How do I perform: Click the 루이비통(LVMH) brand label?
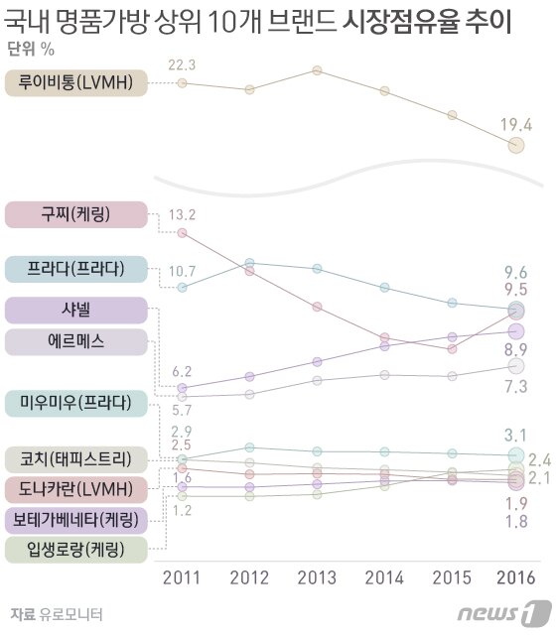point(76,83)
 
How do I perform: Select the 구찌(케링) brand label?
point(76,215)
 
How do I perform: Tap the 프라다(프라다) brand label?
point(76,268)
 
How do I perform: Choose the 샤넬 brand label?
point(76,310)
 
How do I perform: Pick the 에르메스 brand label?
point(76,342)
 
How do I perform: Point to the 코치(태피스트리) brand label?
point(76,459)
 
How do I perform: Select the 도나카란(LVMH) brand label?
point(76,489)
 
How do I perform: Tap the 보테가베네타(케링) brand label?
point(76,519)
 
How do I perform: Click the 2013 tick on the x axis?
point(317,577)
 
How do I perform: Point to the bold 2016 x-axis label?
point(515,577)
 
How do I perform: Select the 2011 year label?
point(182,577)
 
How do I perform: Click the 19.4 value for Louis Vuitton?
point(515,124)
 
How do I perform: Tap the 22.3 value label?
point(182,64)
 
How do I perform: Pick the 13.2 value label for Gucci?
point(182,214)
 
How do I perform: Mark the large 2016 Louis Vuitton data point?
point(515,146)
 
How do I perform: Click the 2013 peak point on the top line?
point(317,70)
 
